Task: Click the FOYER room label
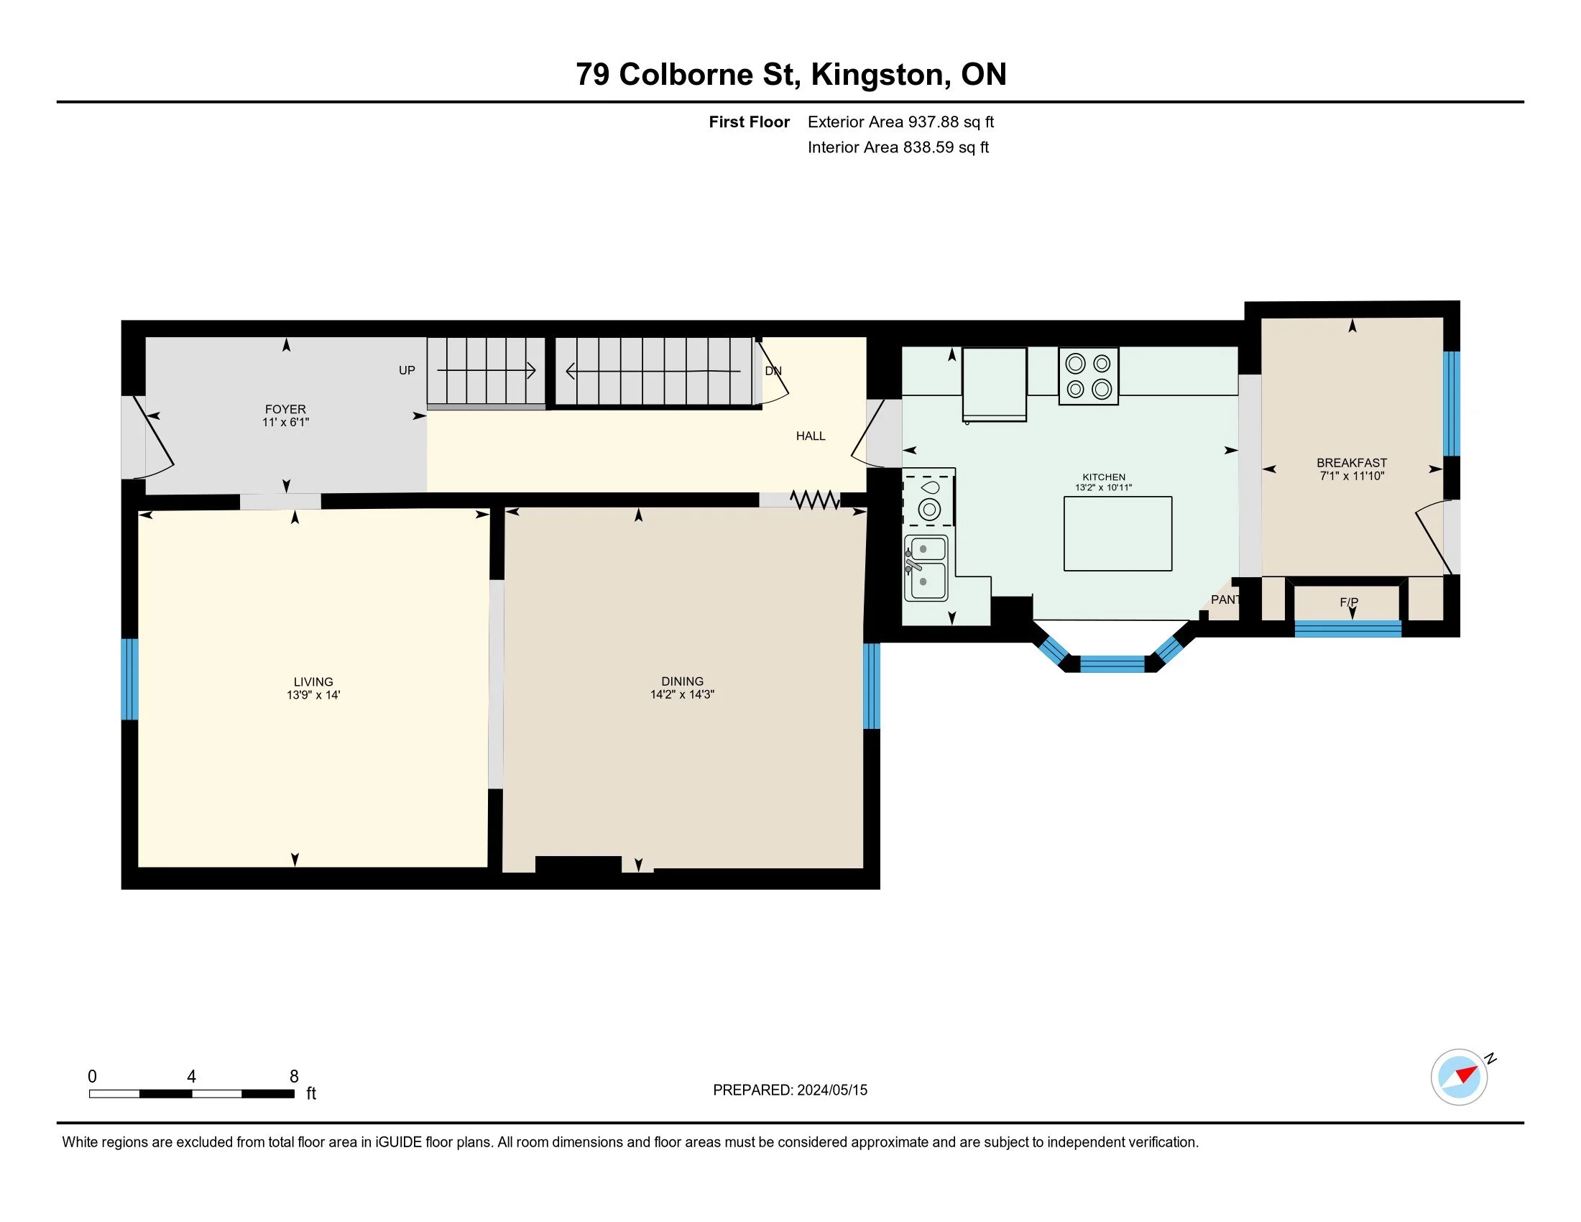[x=285, y=409]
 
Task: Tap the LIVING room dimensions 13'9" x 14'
[x=313, y=695]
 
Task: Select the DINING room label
[x=682, y=681]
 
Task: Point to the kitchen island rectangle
[x=1117, y=533]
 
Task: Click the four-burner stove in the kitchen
[x=1089, y=376]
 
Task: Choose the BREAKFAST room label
[x=1352, y=463]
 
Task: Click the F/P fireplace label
[x=1349, y=602]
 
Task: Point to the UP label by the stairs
[x=407, y=370]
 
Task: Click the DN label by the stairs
[x=773, y=371]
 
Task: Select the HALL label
[x=811, y=436]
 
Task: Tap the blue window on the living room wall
[x=129, y=679]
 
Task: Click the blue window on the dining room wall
[x=872, y=686]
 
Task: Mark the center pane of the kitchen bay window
[x=1112, y=664]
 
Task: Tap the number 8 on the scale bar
[x=294, y=1077]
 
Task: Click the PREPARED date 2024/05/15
[x=831, y=1090]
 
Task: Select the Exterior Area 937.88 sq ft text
[x=900, y=122]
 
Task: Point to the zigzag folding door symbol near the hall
[x=815, y=500]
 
